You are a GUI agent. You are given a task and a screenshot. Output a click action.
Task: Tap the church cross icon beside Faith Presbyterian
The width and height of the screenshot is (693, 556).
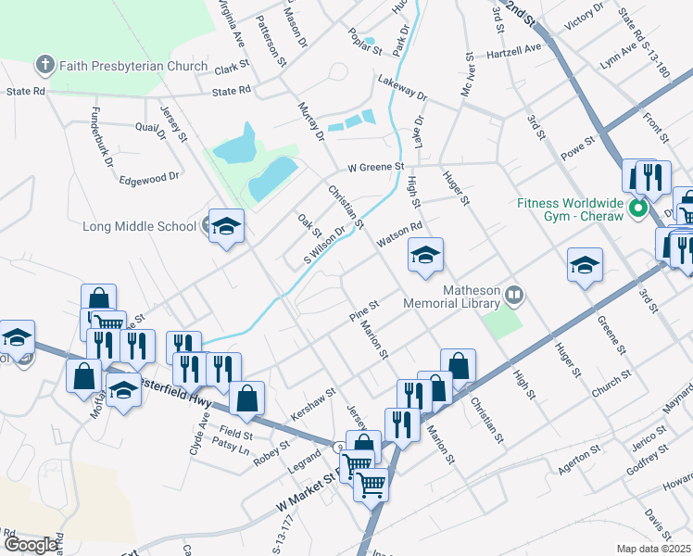pos(44,65)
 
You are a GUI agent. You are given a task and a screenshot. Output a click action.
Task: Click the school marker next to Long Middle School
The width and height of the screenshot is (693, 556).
pos(225,226)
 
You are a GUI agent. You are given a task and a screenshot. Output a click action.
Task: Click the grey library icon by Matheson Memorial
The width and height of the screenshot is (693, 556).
pos(515,297)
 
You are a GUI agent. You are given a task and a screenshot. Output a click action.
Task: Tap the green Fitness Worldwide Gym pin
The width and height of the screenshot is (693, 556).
pos(637,208)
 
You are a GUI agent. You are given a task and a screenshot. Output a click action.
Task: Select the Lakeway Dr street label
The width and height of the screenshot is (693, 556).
pos(402,89)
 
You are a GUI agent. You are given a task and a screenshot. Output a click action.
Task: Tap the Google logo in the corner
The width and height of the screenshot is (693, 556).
pos(31,545)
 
